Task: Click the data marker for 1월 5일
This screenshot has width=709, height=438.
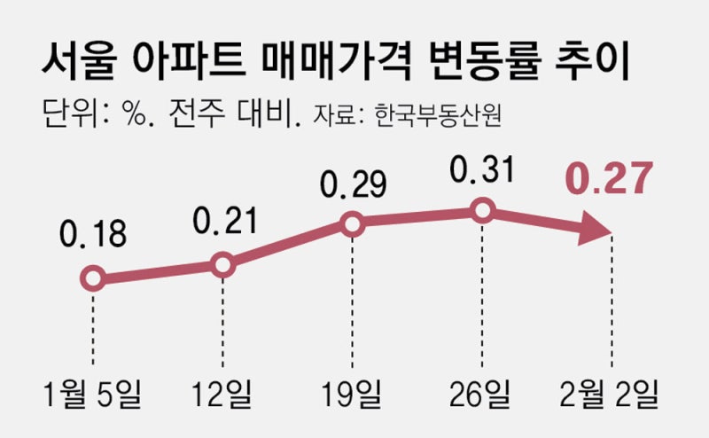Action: [x=92, y=279]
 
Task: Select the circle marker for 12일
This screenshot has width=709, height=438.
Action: [x=222, y=264]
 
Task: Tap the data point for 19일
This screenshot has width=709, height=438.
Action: [x=353, y=225]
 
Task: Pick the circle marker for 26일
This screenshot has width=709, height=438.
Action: [x=482, y=211]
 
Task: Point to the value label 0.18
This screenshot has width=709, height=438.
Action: [x=92, y=235]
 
